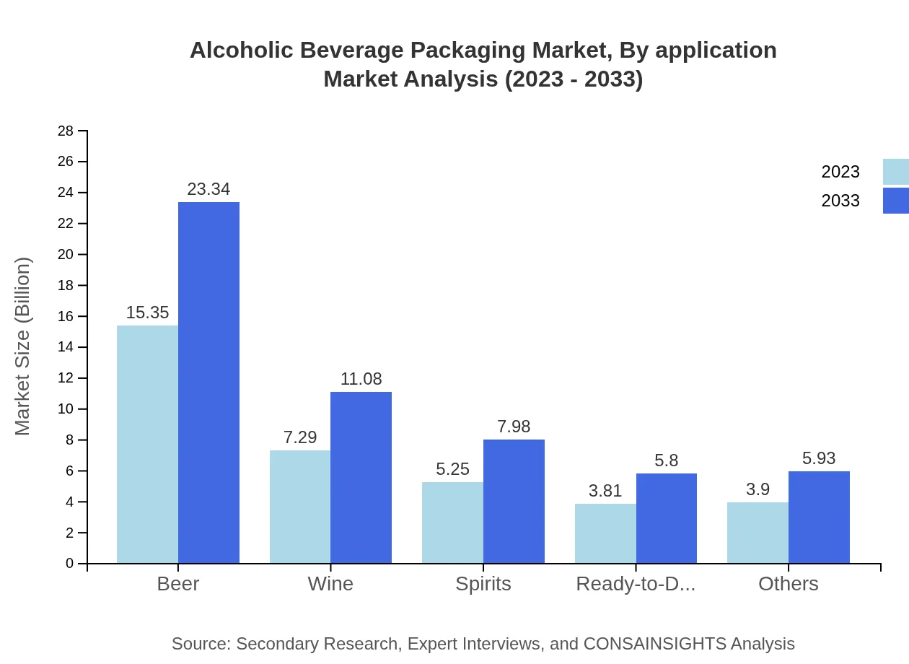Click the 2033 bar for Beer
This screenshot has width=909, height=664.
(208, 383)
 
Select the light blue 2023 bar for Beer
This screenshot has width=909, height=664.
(147, 444)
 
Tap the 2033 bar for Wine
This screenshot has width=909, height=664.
(361, 477)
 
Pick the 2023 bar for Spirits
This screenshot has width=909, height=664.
(452, 523)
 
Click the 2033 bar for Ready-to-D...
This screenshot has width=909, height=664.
(667, 518)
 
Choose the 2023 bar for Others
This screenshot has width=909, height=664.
(757, 533)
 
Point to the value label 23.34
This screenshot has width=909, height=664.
(208, 189)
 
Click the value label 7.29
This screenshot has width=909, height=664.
(300, 437)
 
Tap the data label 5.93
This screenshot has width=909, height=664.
(819, 458)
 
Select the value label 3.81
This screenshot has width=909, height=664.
(605, 491)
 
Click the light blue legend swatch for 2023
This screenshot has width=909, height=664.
(895, 172)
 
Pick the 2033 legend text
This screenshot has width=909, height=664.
(840, 201)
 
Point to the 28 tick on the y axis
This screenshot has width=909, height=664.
(66, 131)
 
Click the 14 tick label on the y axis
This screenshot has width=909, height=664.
(66, 347)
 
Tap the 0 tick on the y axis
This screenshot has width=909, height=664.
(70, 563)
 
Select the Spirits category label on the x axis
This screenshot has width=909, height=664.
(483, 583)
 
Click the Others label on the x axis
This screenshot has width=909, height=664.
(788, 583)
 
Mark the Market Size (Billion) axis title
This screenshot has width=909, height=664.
(23, 346)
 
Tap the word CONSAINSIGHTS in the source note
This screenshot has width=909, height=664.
(654, 643)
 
